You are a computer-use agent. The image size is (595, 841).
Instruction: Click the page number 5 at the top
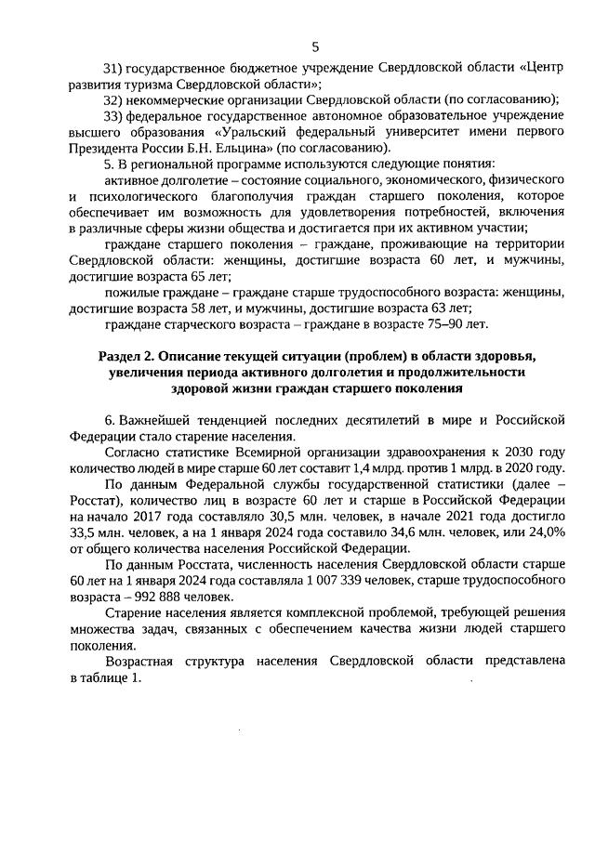tap(314, 47)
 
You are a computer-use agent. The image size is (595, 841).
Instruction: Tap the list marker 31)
tap(112, 69)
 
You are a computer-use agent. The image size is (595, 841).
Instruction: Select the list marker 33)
tap(112, 115)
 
